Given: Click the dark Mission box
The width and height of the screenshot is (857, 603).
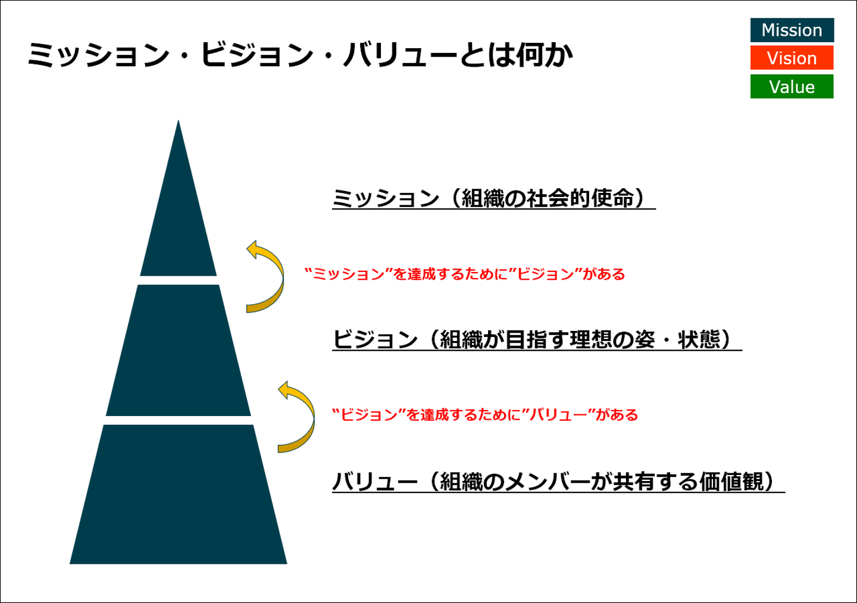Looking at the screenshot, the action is [792, 30].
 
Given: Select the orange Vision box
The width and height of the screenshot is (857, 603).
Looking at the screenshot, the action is [792, 58].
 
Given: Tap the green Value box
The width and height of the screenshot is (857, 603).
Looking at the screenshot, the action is [792, 87].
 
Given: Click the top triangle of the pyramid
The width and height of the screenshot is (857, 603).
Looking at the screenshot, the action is [179, 226].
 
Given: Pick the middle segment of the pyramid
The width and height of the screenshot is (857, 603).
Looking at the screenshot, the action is [179, 351].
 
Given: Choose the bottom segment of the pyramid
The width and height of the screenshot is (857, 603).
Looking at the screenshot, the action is [179, 494].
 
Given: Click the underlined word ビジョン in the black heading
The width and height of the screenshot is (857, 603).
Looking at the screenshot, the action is [375, 340].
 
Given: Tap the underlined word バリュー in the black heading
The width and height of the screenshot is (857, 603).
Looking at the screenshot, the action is [375, 482].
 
